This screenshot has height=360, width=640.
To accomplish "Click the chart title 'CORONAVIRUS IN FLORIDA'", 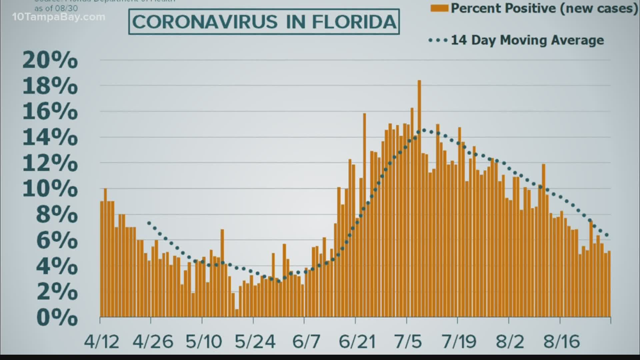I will coord(264,22).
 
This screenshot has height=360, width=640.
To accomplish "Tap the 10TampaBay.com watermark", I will coord(59,17).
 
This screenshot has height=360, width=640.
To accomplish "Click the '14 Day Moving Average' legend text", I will coord(527,40).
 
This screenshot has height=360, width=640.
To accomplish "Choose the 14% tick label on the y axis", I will coord(50,137).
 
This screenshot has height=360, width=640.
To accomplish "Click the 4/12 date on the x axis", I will coord(101,342).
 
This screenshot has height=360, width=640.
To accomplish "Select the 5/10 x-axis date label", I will coord(204,342).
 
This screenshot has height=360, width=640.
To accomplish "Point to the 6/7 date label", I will coord(306,342).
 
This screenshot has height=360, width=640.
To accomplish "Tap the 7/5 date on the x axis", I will coord(408,342).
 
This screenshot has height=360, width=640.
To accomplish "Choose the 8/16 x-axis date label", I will coord(562,342).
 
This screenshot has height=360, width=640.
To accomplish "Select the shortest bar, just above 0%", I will coord(237,313).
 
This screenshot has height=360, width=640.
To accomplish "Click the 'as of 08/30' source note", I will coord(56,8).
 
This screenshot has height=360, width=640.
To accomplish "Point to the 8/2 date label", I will coord(510,342).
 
